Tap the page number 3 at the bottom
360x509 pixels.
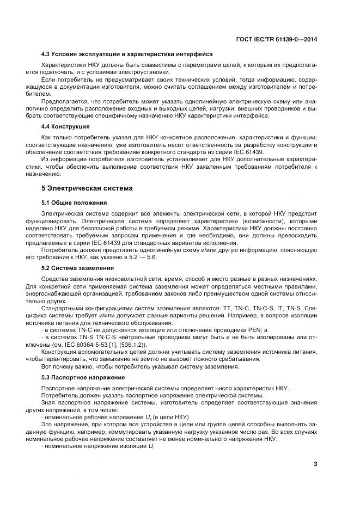click(315, 464)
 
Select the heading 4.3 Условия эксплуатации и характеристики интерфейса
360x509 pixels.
click(127, 54)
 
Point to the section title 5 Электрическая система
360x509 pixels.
click(87, 188)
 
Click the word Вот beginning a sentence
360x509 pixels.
click(48, 366)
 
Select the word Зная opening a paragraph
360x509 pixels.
click(50, 401)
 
